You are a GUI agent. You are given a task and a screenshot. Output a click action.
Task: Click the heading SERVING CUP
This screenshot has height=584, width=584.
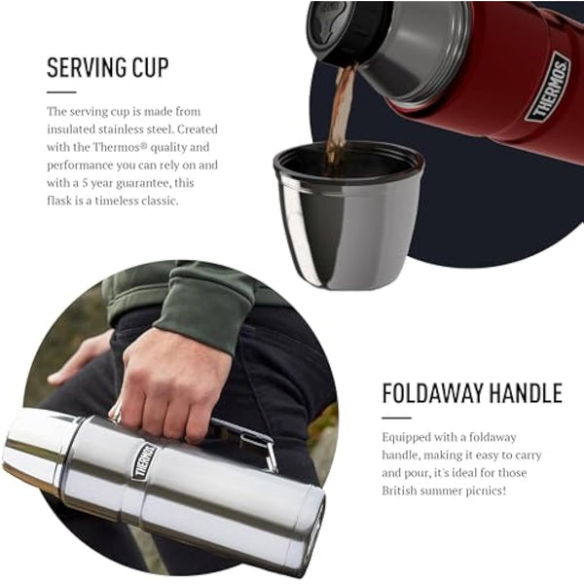click(107, 68)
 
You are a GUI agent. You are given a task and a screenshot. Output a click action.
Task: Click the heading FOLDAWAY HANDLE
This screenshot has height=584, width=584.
click(472, 394)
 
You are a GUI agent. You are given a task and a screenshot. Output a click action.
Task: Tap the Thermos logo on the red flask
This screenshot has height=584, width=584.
click(547, 88)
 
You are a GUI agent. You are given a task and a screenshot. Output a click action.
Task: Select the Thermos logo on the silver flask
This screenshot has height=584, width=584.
click(144, 460)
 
